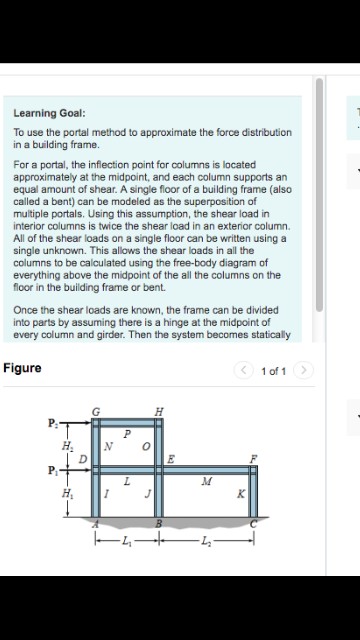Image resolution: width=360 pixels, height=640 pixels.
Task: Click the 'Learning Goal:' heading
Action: (x=49, y=113)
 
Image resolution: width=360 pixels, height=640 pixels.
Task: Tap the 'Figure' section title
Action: (x=22, y=368)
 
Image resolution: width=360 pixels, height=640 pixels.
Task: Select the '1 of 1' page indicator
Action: (x=273, y=372)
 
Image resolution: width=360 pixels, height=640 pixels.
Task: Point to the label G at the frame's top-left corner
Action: (x=96, y=412)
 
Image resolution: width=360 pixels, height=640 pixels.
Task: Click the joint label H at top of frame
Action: (x=160, y=412)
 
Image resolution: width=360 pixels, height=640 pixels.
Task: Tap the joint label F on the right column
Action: (x=252, y=459)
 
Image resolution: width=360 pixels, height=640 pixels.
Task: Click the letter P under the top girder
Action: (x=127, y=435)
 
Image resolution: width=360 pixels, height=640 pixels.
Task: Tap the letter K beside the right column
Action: (x=240, y=494)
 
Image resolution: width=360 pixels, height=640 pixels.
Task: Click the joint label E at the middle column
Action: (x=171, y=459)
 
